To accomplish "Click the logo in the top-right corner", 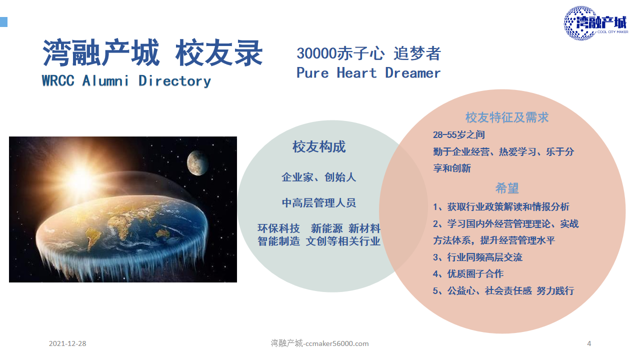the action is [596, 23].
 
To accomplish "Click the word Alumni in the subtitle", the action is [105, 81].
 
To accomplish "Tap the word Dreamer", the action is [413, 73].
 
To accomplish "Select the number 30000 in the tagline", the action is [316, 53].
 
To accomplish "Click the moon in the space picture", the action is [197, 163].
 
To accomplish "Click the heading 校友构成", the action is [319, 147].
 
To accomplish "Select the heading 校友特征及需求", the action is [507, 117].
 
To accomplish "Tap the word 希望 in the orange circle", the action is [507, 188].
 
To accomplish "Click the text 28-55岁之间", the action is [459, 134].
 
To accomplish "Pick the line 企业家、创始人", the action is [318, 177].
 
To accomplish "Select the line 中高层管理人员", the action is [319, 203].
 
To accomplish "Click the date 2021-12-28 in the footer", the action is [67, 343].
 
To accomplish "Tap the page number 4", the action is [589, 343].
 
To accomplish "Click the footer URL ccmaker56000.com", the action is [337, 343].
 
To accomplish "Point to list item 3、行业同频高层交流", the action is [477, 257].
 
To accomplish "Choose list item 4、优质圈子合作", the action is [468, 273].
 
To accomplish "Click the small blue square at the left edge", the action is [3, 22].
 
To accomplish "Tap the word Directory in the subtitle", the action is [175, 81].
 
